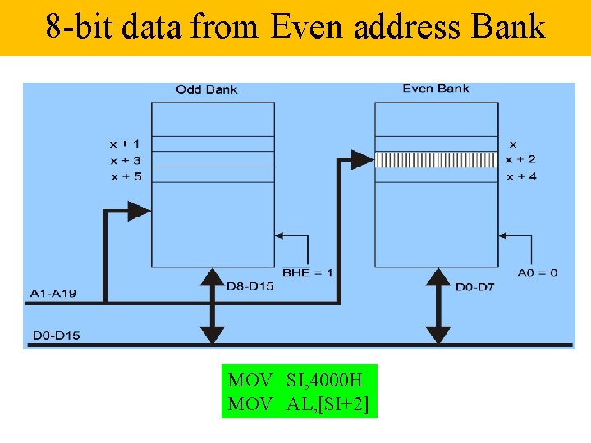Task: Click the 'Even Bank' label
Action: (x=435, y=88)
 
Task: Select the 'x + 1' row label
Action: (x=126, y=144)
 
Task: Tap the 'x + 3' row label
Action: (x=126, y=160)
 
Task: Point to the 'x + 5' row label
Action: (x=126, y=176)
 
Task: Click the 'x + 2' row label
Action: (x=520, y=160)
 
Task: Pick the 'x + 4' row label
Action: (x=521, y=176)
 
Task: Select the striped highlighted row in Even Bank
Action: (x=437, y=159)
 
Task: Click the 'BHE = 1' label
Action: (x=307, y=272)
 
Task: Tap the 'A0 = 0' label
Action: (x=538, y=272)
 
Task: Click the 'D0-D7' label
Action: (x=474, y=286)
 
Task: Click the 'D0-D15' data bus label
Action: (x=56, y=335)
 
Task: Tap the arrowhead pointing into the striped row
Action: (x=364, y=158)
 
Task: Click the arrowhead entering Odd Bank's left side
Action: (x=140, y=211)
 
